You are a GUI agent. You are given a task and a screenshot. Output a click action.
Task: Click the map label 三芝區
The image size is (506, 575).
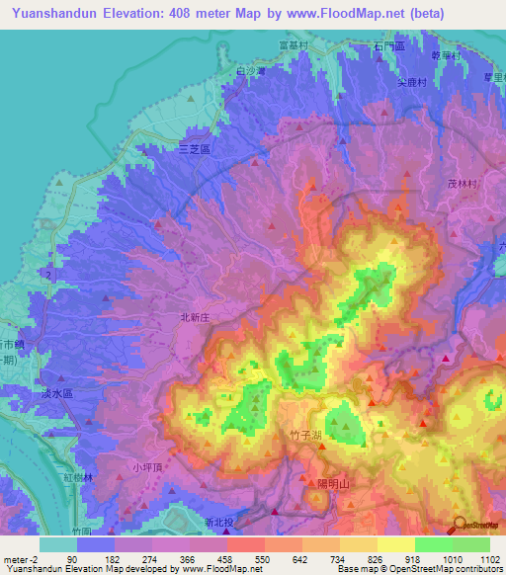pyautogui.click(x=195, y=148)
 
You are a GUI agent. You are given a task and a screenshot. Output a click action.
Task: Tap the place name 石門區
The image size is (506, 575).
pyautogui.click(x=390, y=46)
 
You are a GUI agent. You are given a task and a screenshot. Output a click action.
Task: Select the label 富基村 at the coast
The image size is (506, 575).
pyautogui.click(x=295, y=45)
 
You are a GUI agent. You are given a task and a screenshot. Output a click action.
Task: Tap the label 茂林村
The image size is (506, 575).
pyautogui.click(x=463, y=184)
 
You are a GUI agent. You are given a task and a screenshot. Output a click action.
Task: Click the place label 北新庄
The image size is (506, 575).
pyautogui.click(x=195, y=317)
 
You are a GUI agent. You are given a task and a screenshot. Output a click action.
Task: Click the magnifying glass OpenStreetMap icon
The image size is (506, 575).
pyautogui.click(x=458, y=525)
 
